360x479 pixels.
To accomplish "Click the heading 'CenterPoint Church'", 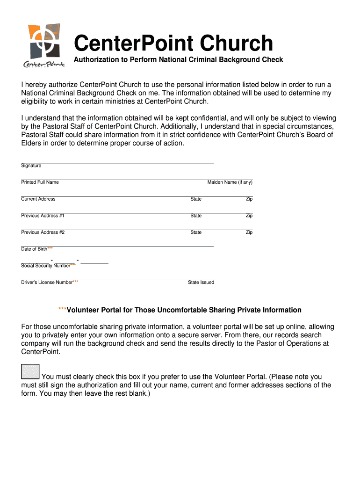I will point(173,44).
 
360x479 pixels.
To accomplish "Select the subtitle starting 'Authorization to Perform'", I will point(179,60).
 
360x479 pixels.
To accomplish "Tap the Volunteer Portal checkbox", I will point(30,371).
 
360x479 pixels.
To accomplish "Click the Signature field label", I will point(31,166).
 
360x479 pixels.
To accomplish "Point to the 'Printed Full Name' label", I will point(40,182).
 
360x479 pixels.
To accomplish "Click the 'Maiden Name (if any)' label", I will point(230,182).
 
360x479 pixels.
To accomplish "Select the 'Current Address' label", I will point(38,199).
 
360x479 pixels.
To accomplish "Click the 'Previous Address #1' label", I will point(43,216).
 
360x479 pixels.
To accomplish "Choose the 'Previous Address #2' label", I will point(43,232).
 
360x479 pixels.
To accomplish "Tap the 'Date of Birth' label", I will point(34,249).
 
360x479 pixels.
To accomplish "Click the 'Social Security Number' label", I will point(46,266).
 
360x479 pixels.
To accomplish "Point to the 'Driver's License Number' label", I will point(47,283).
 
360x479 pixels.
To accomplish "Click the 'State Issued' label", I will point(201,283).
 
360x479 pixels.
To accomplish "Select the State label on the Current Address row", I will point(196,199).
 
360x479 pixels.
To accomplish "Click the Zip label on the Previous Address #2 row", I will point(249,232).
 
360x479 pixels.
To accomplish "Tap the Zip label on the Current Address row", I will point(249,199).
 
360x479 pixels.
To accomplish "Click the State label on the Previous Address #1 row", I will point(196,216).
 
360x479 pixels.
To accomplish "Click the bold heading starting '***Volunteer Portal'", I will point(180,310).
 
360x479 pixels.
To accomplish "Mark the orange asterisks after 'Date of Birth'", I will point(50,248).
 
